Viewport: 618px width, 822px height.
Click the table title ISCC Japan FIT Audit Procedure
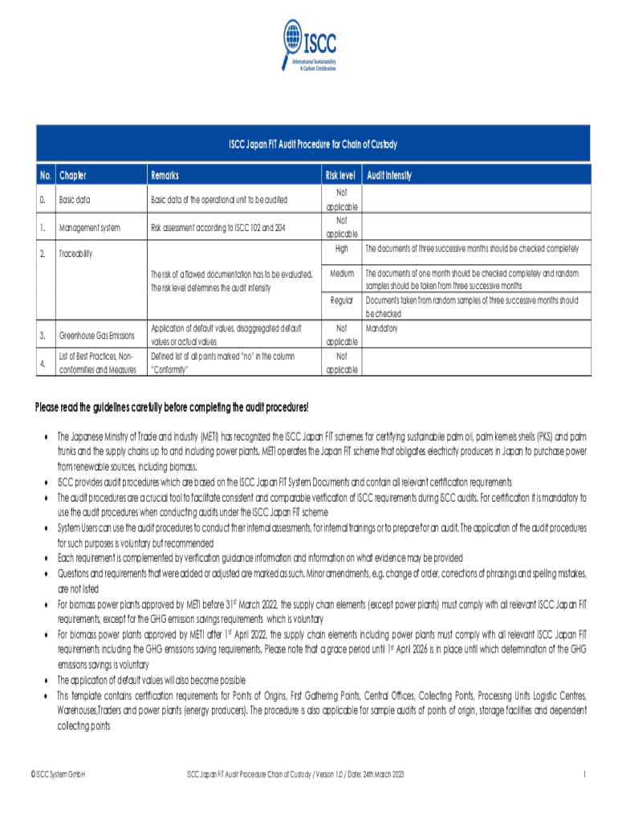309,145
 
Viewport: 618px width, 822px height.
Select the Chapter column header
72,175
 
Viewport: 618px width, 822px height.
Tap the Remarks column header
165,175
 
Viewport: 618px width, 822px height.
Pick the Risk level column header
340,175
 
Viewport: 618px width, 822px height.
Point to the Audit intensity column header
389,175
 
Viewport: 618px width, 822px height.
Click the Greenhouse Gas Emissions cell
96,335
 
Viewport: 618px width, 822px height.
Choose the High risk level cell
341,249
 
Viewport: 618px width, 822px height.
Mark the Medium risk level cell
341,274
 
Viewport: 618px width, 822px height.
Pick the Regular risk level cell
341,300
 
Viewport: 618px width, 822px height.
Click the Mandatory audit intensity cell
382,328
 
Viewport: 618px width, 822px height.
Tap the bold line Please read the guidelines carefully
172,408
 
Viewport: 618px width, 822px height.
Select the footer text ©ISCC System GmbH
58,774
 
